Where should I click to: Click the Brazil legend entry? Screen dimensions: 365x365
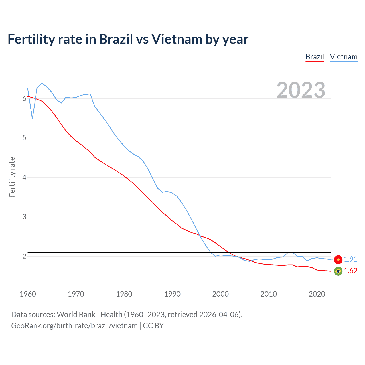click(x=315, y=57)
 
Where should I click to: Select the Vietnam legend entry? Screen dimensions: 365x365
click(x=344, y=57)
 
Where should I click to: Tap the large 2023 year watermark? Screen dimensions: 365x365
click(x=301, y=90)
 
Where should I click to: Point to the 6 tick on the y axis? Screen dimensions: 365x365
click(x=24, y=99)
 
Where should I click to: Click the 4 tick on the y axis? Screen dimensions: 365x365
click(x=24, y=178)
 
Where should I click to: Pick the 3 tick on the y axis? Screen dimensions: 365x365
click(x=24, y=217)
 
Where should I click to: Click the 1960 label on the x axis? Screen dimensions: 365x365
click(x=28, y=294)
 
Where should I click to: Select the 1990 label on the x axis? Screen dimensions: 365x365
click(x=172, y=294)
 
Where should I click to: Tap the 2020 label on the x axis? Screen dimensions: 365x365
click(x=317, y=294)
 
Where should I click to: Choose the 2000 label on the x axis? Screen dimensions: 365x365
click(x=220, y=294)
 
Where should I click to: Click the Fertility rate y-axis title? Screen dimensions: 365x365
click(x=12, y=177)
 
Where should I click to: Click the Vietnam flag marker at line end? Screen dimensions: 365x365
click(x=338, y=259)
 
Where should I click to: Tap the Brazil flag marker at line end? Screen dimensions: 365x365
click(x=338, y=271)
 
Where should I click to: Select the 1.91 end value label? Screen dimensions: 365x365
click(x=350, y=259)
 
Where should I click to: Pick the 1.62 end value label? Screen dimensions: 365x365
click(x=350, y=271)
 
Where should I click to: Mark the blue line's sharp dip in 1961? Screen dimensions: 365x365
click(x=33, y=118)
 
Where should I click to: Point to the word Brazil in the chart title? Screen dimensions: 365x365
click(x=116, y=39)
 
